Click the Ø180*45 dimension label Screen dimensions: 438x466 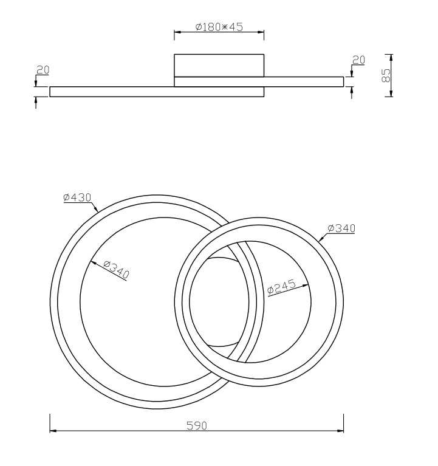[x=219, y=27]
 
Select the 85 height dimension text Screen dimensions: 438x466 [x=385, y=75]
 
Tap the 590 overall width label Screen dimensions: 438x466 [x=197, y=425]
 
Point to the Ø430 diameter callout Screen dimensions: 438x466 [x=77, y=197]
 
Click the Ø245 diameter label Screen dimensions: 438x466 [x=281, y=287]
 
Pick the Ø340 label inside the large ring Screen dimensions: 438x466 [x=117, y=270]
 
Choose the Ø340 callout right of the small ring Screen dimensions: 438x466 [x=341, y=228]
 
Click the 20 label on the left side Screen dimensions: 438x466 [x=43, y=70]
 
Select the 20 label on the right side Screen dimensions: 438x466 [x=358, y=60]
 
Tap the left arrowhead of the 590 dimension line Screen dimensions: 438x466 [x=53, y=430]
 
